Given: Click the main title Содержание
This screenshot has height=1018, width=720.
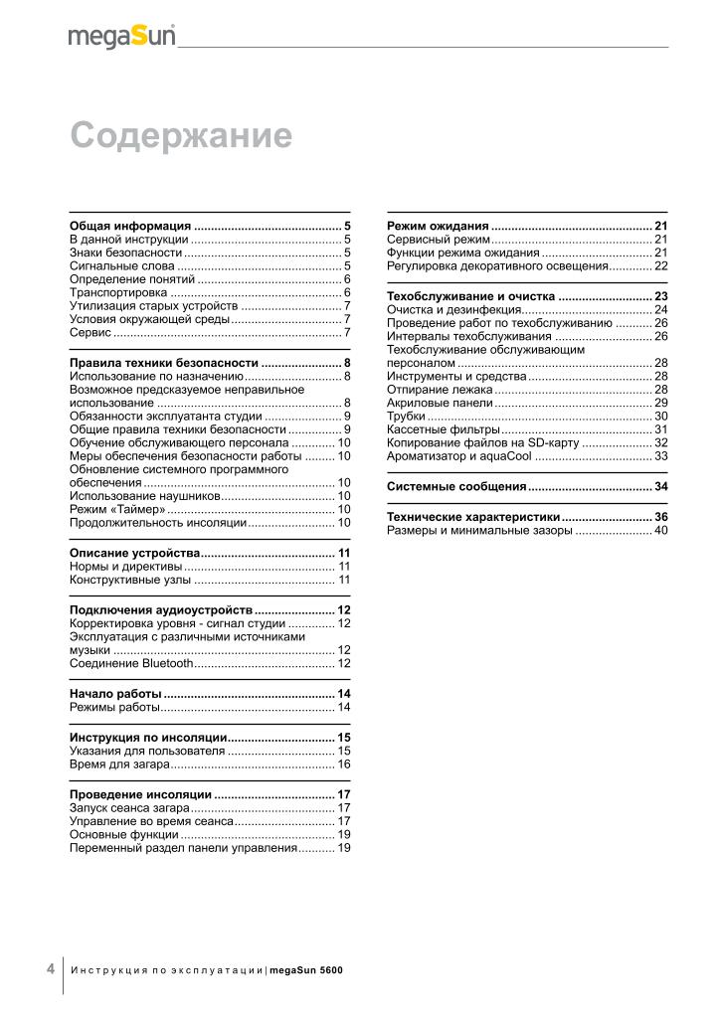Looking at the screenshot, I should pos(180,135).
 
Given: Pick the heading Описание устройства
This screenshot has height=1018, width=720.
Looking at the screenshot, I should pos(134,552).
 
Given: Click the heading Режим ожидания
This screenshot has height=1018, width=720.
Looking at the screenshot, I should pos(438,226).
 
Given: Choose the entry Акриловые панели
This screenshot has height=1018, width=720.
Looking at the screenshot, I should pos(440,403).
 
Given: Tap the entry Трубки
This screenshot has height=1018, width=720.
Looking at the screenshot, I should pos(406,416).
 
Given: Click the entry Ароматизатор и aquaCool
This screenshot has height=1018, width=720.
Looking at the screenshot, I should pos(459,455).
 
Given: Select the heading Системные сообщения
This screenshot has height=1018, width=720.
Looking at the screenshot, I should pos(456,486).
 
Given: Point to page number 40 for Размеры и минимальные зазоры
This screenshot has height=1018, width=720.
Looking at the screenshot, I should pos(660,531).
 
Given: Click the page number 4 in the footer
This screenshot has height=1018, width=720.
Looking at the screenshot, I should pos(50,968).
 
